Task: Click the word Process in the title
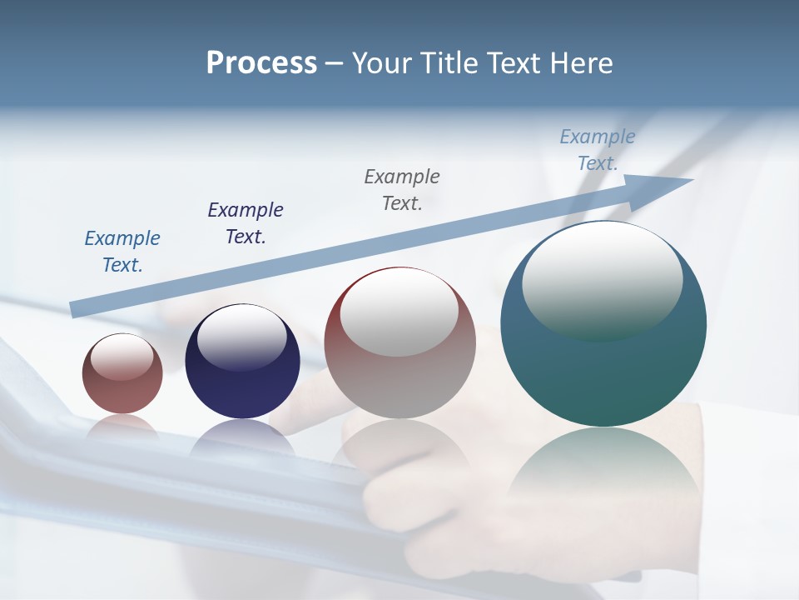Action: click(261, 62)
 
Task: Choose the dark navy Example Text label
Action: click(246, 223)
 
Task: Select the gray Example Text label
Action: click(402, 189)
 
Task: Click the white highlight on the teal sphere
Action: click(602, 279)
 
